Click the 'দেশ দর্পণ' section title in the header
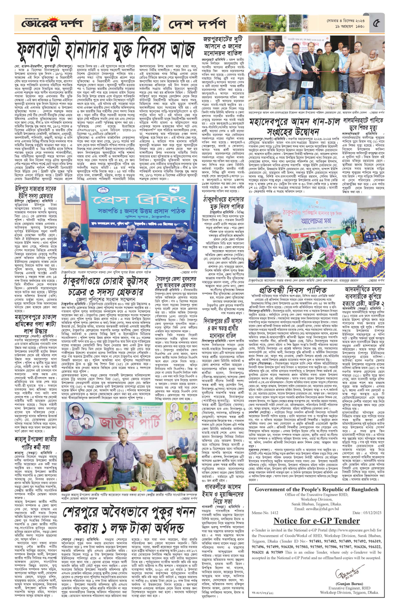pos(197,25)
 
